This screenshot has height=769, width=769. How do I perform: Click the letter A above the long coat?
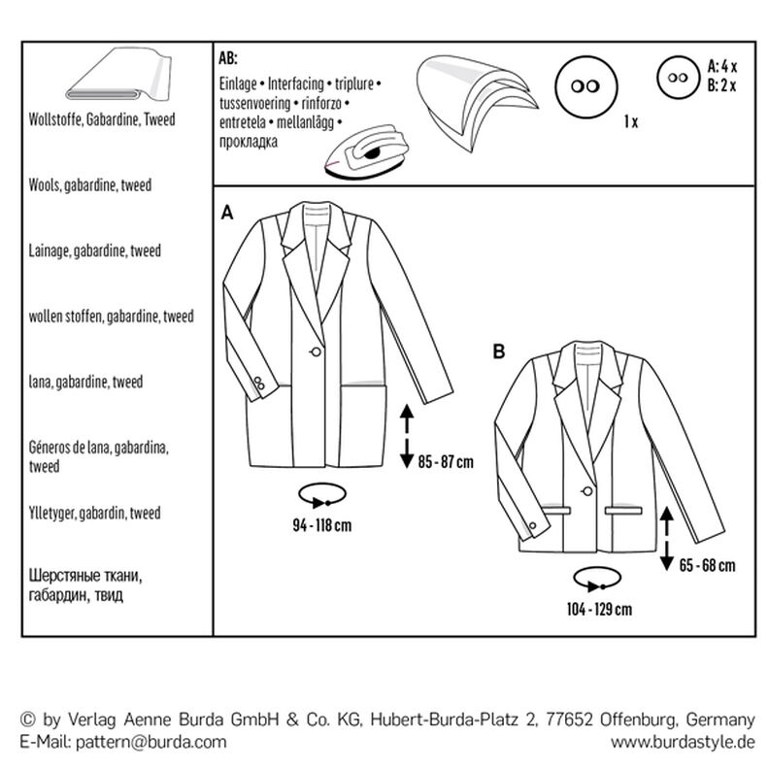pyautogui.click(x=229, y=212)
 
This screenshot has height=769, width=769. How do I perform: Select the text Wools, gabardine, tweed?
pyautogui.click(x=84, y=184)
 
